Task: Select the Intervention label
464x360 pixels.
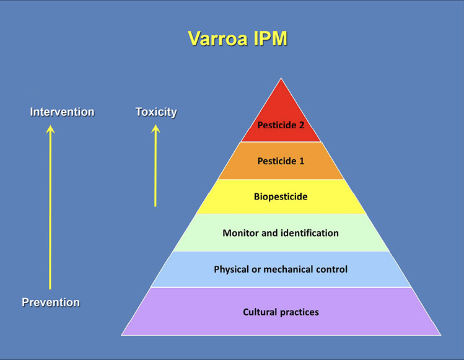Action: pos(62,112)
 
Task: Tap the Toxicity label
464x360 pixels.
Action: pos(156,112)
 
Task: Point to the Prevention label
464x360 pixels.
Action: pos(51,302)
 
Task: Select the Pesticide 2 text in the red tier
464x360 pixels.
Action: pos(281,125)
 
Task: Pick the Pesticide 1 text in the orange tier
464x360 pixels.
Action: pos(281,161)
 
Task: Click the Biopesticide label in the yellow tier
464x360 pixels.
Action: pos(281,197)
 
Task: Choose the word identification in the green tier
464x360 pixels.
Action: pos(309,233)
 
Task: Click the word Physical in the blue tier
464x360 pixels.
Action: pos(232,270)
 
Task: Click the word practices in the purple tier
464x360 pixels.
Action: pos(300,312)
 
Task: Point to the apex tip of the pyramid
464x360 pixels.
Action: pos(281,79)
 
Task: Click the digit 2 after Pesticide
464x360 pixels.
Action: pos(302,125)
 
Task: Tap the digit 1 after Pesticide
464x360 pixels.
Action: pos(302,161)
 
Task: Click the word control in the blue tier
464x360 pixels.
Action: pos(332,270)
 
